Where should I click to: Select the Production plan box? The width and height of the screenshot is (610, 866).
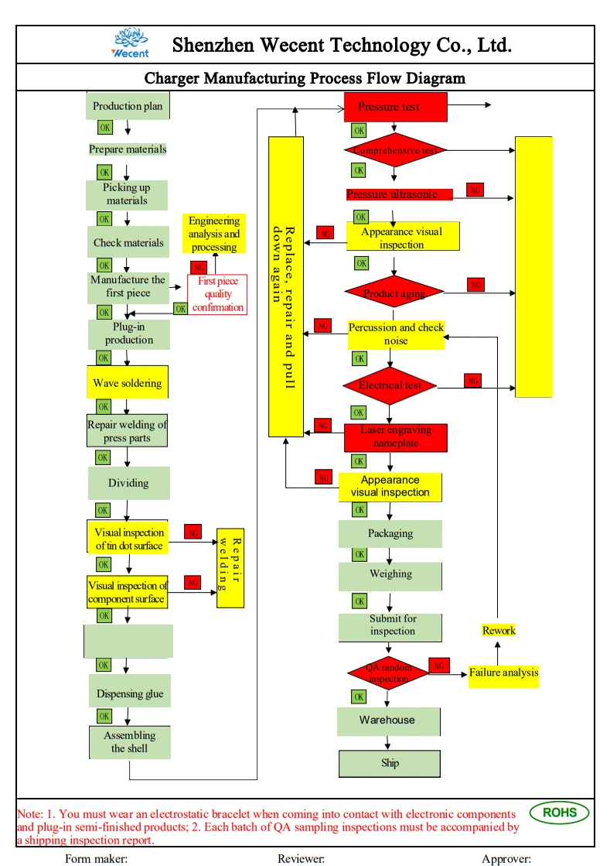[x=128, y=106]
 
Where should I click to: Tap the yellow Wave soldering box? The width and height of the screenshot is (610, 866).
[x=128, y=383]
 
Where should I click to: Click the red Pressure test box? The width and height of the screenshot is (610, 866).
[x=395, y=107]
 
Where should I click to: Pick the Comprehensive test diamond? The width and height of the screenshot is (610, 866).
[x=395, y=150]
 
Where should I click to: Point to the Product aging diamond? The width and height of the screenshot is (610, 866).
[x=395, y=293]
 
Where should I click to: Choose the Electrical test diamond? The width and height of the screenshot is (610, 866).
[x=390, y=385]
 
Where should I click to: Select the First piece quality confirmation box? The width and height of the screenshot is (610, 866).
[x=218, y=294]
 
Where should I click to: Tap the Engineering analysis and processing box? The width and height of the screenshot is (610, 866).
[x=214, y=234]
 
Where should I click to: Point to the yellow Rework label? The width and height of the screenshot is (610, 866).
[x=499, y=630]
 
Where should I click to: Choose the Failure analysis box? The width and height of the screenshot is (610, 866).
[x=503, y=673]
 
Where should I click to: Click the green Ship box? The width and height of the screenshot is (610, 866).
[x=390, y=763]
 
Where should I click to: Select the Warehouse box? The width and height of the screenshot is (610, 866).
[x=388, y=721]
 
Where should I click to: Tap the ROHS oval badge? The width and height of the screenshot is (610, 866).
[x=559, y=813]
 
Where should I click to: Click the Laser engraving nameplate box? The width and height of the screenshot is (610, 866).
[x=396, y=437]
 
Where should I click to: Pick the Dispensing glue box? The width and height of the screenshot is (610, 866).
[x=129, y=693]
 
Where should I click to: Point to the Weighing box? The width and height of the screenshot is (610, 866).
[x=390, y=575]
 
